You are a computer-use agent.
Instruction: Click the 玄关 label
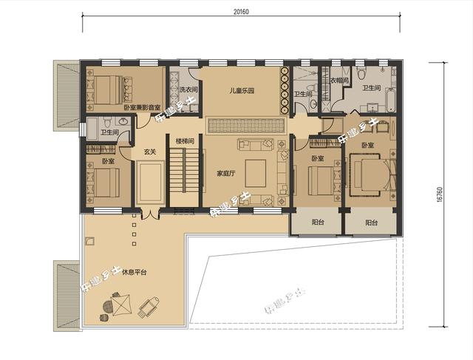[x=150, y=152]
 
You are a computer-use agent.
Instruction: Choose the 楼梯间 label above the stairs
[x=185, y=140]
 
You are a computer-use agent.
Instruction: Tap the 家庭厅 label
[x=225, y=174]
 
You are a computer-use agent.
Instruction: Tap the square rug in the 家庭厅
[x=256, y=171]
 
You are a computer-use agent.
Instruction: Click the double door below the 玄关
[x=150, y=215]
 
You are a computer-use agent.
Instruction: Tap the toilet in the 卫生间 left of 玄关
[x=104, y=123]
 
